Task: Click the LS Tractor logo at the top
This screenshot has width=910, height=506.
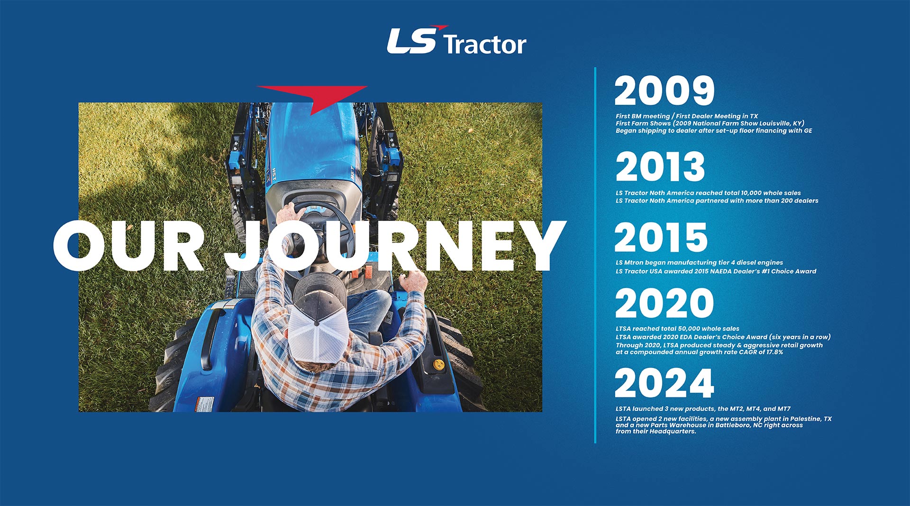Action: tap(456, 40)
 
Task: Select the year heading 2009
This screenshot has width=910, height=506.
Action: tap(664, 91)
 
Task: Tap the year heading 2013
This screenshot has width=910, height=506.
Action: tap(660, 166)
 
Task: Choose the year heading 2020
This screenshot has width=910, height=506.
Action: tap(664, 304)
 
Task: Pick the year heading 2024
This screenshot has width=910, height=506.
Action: tap(664, 383)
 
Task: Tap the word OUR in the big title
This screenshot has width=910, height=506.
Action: tap(128, 246)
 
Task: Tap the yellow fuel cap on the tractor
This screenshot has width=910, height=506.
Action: tap(439, 364)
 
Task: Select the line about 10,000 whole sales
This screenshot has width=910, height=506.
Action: tap(708, 193)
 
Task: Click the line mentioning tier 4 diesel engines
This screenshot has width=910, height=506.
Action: tap(699, 263)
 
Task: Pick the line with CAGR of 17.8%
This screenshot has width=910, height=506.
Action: tap(699, 352)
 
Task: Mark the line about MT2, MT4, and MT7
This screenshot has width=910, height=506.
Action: tap(703, 409)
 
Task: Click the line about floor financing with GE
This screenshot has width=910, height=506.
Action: tap(714, 131)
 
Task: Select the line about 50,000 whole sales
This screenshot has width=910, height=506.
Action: tap(677, 329)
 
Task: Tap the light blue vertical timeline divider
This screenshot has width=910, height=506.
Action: tap(595, 255)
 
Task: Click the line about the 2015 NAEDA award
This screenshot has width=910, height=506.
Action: tap(716, 271)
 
